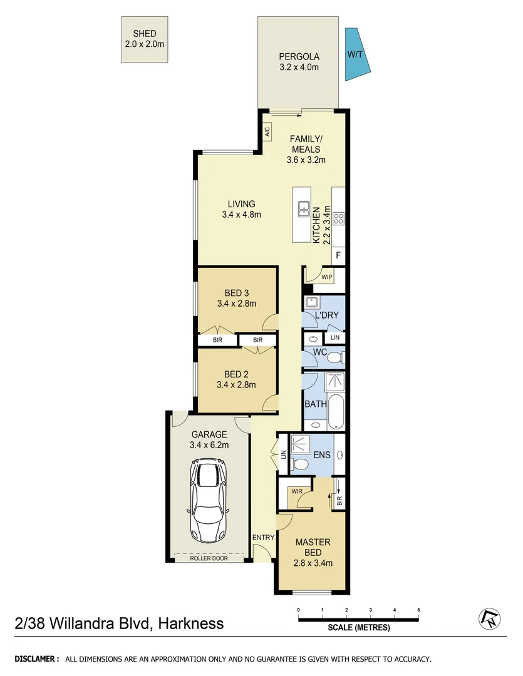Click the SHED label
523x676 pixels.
coord(144,34)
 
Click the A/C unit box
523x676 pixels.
coord(267,131)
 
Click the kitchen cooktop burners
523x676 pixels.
coord(338,218)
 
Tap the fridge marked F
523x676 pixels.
coord(338,255)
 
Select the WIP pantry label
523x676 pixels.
coord(326,277)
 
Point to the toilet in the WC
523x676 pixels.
coord(335,358)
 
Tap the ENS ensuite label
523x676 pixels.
coord(323,455)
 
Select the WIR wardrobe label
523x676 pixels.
coord(297,491)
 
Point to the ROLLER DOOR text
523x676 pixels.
coord(209,558)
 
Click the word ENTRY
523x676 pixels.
coord(263,538)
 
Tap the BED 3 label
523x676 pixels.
coord(236,293)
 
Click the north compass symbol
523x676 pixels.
coord(488,618)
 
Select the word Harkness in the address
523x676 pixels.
coord(190,623)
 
